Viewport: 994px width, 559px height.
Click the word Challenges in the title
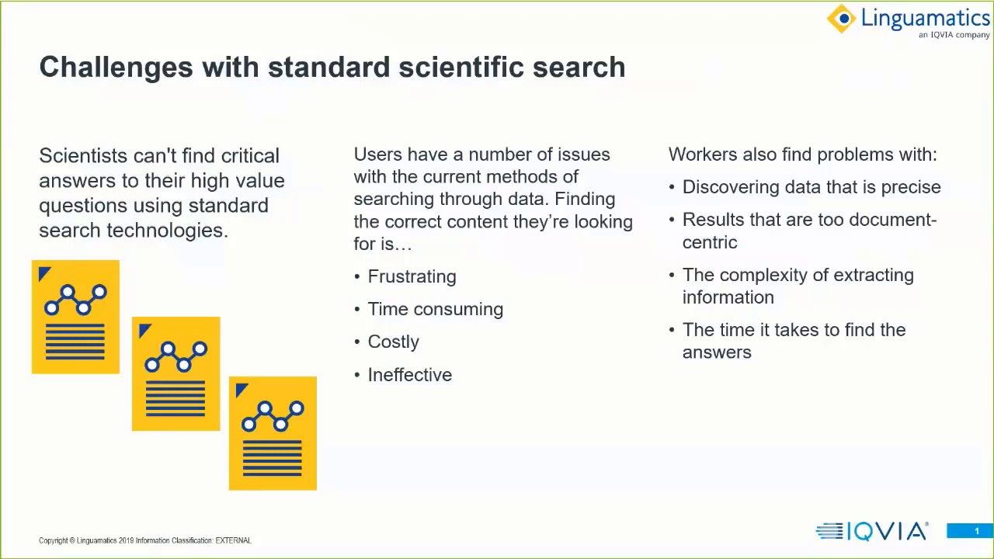116,68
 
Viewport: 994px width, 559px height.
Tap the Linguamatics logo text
924,18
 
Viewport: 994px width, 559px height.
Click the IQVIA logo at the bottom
871,531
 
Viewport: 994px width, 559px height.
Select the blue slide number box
969,531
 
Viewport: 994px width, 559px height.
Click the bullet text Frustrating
412,276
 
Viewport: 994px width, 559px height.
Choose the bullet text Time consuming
435,309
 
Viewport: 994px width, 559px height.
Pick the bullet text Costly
393,342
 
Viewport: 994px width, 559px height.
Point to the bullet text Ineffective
409,375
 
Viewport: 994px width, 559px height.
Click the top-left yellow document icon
75,317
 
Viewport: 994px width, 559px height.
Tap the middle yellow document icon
176,373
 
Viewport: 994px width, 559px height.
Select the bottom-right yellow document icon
273,433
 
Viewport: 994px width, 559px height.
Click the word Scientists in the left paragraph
83,156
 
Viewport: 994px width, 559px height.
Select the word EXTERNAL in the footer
233,540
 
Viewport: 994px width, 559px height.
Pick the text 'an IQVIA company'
954,35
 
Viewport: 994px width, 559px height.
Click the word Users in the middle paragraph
377,155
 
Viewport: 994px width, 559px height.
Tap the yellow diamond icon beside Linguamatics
842,19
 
